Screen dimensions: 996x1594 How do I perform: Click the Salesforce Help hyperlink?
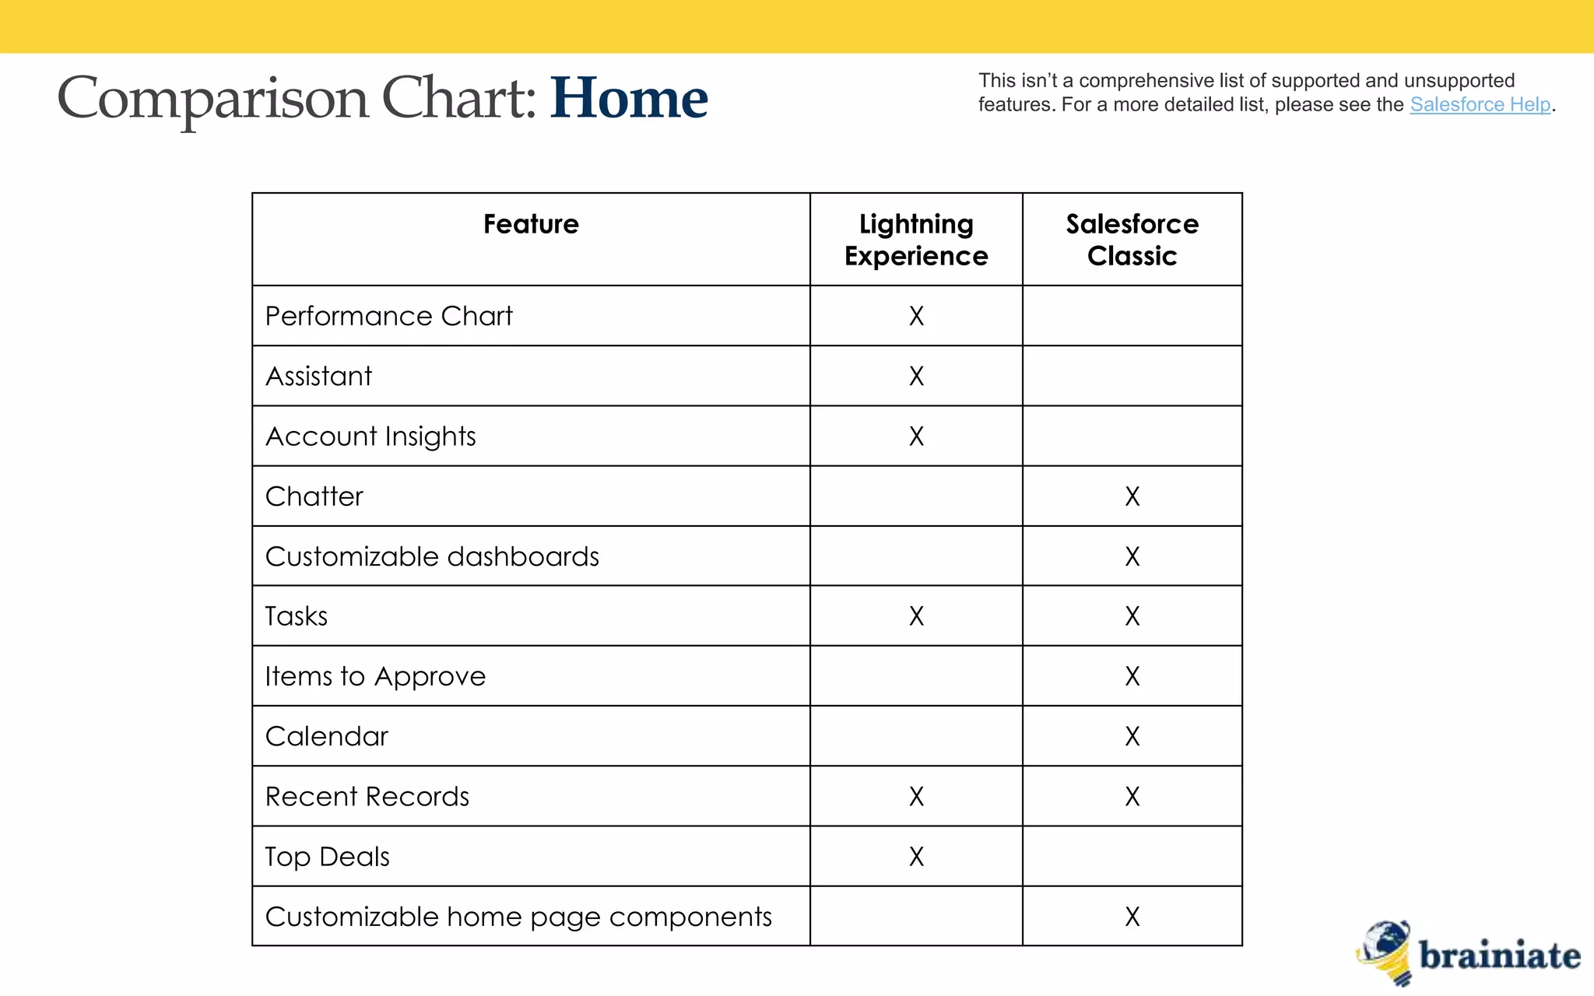point(1480,104)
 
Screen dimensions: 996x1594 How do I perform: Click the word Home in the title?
point(629,99)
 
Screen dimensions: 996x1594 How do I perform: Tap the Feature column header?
point(531,224)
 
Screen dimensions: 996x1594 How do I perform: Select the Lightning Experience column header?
point(916,240)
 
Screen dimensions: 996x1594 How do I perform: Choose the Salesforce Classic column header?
point(1132,240)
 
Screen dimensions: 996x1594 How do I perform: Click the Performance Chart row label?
point(388,316)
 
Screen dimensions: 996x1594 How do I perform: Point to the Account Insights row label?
point(370,437)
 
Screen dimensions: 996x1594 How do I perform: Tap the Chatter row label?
point(314,496)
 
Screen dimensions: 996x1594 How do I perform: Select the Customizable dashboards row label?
point(432,556)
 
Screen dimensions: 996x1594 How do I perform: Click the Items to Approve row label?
point(375,676)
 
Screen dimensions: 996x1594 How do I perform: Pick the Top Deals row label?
point(327,857)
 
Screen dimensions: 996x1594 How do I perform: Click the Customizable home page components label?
point(518,917)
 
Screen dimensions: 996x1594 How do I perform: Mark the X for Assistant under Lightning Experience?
point(916,377)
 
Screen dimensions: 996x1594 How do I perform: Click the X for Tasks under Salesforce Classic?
point(1132,616)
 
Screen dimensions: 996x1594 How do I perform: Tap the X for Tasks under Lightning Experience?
point(916,616)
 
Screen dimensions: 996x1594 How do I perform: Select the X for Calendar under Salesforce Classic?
point(1132,736)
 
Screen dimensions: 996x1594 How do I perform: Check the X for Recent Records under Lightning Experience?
point(916,797)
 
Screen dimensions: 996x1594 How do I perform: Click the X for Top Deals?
point(916,857)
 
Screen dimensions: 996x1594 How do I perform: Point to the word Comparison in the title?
point(212,99)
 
